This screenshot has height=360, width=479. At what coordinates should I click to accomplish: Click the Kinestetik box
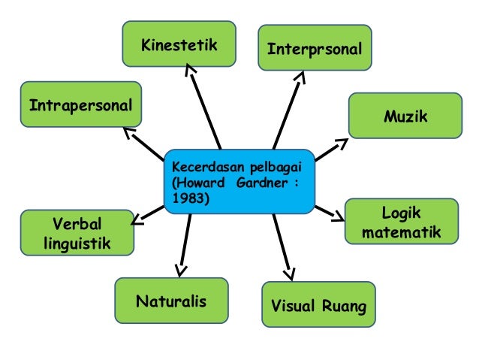179,44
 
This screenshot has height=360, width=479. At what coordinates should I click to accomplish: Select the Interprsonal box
315,48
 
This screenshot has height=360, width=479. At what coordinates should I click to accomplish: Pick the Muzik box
405,116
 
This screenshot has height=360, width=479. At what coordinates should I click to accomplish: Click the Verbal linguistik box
77,233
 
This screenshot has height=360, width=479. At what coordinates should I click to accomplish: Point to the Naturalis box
170,301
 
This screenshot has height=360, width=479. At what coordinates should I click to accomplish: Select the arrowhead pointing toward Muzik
342,143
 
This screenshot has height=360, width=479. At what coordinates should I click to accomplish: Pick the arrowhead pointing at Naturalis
180,269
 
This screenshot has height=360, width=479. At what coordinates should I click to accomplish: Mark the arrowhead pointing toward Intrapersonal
128,133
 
